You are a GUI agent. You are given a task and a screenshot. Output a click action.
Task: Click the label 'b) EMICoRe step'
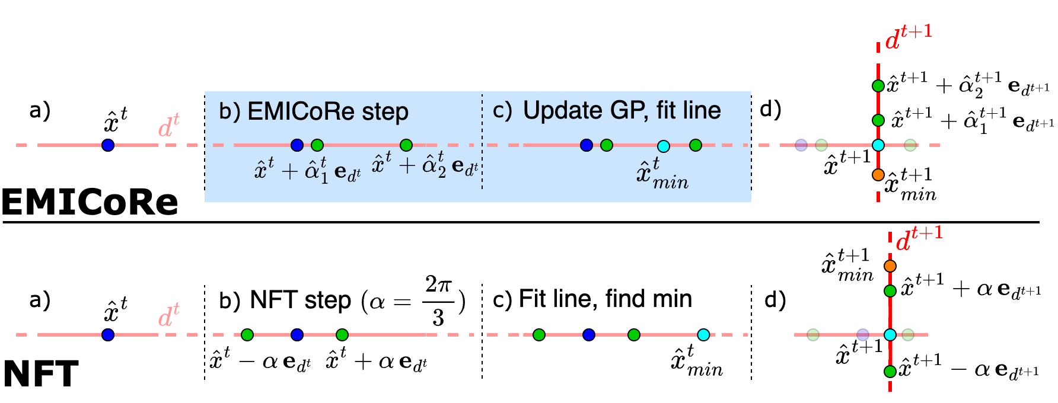pos(314,111)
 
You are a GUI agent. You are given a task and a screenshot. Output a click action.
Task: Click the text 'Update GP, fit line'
pos(622,110)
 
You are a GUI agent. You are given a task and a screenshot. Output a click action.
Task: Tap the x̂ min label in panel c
pos(662,174)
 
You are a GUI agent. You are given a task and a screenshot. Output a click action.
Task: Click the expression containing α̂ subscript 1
pos(307,171)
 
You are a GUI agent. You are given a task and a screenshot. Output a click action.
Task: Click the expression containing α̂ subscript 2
pos(425,165)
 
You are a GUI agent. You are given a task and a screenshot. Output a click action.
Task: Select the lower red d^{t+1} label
pos(919,239)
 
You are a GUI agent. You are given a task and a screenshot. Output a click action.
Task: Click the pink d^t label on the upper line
pos(168,126)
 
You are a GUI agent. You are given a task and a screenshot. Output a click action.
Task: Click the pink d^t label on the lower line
pos(168,315)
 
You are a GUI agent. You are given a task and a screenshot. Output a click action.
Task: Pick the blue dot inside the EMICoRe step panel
pos(297,145)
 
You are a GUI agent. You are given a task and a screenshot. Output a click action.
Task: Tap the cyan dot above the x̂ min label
pos(664,146)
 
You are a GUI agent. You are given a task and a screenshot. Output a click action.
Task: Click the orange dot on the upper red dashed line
pos(878,175)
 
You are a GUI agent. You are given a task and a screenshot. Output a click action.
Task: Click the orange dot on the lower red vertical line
pos(890,266)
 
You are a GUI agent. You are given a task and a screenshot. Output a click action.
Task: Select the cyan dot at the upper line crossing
pos(878,145)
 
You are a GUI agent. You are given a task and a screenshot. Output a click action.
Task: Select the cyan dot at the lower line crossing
pos(890,335)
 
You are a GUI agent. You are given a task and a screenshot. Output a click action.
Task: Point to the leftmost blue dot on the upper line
pos(108,145)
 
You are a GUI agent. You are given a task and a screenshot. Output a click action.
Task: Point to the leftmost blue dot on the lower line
pos(108,335)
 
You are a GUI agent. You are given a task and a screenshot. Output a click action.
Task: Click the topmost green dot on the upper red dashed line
pos(878,86)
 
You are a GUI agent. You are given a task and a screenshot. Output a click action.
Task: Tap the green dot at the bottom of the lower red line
pos(890,372)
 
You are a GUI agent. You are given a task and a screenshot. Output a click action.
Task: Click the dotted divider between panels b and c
pos(482,142)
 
